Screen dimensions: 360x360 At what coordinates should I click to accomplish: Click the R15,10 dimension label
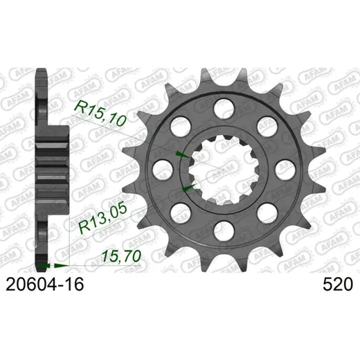coord(100,114)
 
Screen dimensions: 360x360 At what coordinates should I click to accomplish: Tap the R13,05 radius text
coord(103,219)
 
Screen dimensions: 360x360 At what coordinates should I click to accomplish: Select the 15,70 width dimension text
coord(122,256)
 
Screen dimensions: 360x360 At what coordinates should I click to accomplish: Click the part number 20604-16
coord(45,284)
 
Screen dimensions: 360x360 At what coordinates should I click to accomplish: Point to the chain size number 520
coord(338,284)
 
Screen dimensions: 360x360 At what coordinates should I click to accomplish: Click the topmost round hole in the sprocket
coord(224,109)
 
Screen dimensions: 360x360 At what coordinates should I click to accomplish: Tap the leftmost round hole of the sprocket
coord(163,170)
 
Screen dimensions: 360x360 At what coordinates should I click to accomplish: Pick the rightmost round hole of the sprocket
coord(285,170)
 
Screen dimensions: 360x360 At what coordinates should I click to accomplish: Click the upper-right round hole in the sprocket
coord(267,127)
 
